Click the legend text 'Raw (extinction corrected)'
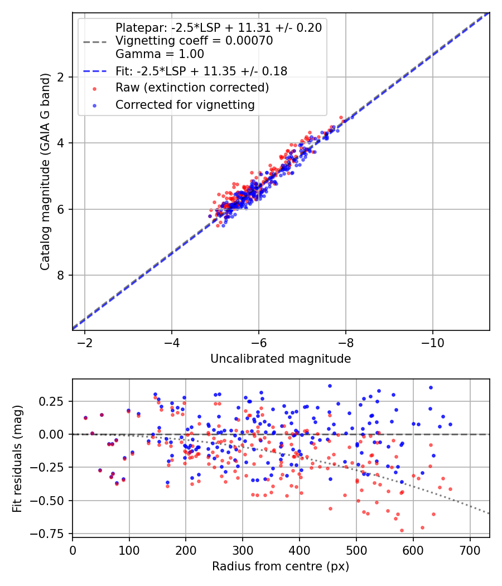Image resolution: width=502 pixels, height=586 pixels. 192,88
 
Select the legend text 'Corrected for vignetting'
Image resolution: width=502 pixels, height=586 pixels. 185,104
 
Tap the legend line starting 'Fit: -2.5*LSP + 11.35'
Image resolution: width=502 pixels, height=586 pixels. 201,71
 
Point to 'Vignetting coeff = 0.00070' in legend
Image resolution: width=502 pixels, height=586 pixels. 194,41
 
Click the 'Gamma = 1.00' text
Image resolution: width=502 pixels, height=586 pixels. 160,54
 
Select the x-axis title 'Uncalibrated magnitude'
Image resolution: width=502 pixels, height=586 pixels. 281,359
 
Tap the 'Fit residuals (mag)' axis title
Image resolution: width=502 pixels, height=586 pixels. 17,458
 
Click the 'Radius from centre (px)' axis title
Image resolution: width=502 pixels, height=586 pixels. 281,566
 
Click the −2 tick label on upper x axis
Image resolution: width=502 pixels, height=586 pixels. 85,341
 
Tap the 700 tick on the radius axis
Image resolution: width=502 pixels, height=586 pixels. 470,550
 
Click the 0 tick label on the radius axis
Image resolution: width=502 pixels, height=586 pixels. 73,550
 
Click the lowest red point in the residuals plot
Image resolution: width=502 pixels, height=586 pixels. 402,530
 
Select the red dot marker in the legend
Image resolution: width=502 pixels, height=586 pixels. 94,88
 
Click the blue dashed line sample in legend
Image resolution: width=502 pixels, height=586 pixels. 94,71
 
